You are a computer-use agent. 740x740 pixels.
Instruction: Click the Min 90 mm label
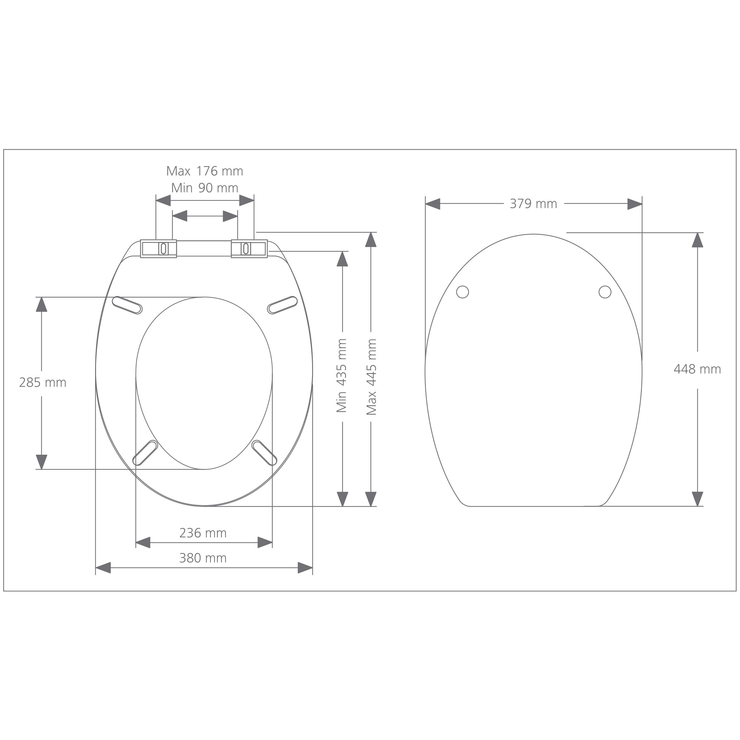click(205, 188)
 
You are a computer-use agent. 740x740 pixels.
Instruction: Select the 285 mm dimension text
click(42, 382)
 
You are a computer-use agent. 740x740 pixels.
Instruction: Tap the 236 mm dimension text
click(203, 533)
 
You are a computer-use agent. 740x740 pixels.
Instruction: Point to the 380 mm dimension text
click(203, 558)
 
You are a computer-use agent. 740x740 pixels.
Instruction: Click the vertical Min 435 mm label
click(342, 375)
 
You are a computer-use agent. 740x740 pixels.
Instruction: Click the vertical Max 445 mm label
click(371, 377)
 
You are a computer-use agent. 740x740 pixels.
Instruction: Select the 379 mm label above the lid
click(533, 204)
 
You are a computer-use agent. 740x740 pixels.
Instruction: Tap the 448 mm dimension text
click(697, 369)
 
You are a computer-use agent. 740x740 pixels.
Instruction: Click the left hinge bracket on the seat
click(158, 249)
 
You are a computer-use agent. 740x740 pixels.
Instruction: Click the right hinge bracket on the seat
click(249, 249)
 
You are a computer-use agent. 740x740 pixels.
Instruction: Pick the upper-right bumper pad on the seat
click(282, 305)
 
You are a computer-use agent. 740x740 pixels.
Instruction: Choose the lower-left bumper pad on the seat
click(145, 453)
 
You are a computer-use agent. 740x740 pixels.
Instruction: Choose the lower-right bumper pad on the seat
click(264, 453)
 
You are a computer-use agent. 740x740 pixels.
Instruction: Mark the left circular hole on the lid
click(462, 292)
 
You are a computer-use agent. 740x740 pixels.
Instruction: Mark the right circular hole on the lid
click(605, 292)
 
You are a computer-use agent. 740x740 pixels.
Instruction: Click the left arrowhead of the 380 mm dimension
click(103, 568)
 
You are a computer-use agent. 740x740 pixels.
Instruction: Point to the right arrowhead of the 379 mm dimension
click(635, 204)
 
